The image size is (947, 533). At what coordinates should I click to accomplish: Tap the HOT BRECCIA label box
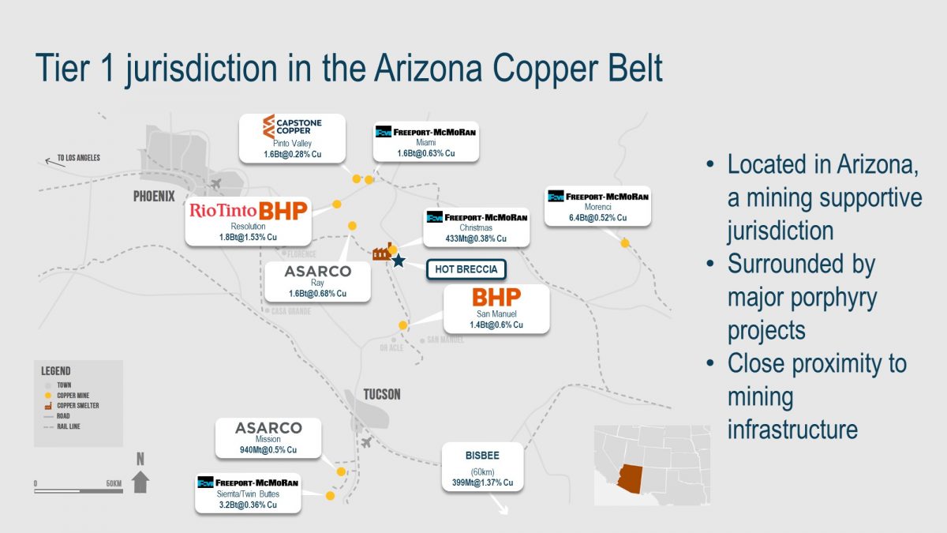(466, 269)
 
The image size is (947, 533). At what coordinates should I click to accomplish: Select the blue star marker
(399, 261)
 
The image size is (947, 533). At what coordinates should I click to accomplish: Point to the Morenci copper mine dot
(625, 243)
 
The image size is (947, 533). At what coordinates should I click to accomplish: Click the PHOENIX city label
(154, 197)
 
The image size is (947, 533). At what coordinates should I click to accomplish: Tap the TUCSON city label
(381, 394)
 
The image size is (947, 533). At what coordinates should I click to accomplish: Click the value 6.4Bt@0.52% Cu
(597, 217)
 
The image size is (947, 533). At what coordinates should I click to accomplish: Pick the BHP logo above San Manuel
(496, 298)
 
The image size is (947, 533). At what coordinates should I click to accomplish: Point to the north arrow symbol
(140, 475)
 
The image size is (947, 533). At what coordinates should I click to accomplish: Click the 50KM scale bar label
(113, 482)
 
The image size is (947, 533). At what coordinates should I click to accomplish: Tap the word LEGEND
(55, 370)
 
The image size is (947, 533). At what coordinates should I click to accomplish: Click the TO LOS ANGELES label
(78, 158)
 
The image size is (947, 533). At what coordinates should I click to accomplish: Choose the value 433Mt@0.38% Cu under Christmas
(475, 238)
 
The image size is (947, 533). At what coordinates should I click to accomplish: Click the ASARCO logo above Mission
(268, 428)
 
